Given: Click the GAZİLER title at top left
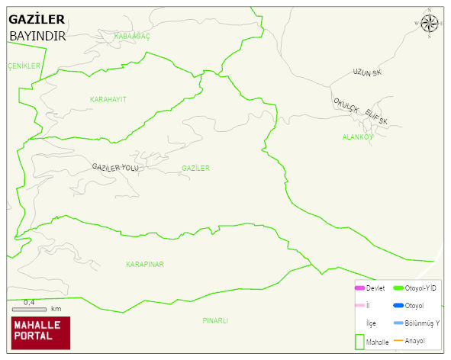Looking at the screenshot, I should coord(37,20).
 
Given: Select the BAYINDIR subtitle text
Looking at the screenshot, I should coord(37,36).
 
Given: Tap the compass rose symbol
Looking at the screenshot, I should coord(430,24).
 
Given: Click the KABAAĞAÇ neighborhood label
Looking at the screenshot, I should coord(132,36).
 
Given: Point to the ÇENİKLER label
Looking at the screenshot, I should coord(24,66).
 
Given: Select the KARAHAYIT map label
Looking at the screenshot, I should coord(108,99).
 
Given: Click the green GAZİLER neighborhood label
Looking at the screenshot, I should coord(195,168).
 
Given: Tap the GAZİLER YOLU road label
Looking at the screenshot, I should coord(115,167).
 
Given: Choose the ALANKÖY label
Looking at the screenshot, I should coord(357,137).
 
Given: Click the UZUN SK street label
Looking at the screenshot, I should coord(366,72).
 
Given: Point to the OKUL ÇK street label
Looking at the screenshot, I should coord(346,106).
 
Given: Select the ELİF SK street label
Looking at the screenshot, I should coord(376,117).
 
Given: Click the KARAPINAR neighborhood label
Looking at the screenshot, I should coord(145,264).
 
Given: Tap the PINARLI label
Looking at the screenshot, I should coord(215,320).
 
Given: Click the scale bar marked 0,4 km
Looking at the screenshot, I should coord(31,309).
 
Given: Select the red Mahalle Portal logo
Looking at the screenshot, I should coord(40,333).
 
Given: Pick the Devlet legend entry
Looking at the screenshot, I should coord(369,288).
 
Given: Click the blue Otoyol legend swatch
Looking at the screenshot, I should coord(398,306).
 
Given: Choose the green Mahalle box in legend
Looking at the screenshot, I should coord(359,342).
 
